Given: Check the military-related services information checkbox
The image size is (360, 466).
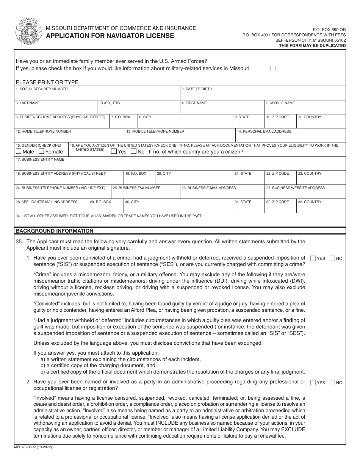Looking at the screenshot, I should click(272, 69).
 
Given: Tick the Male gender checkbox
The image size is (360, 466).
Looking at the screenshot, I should click(19, 152).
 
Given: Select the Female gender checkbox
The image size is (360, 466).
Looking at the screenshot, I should click(42, 152).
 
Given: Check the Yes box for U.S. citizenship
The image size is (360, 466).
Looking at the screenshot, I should click(114, 152).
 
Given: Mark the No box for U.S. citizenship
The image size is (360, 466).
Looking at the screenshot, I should click(133, 152).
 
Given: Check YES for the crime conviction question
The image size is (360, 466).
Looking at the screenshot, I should click(313, 258).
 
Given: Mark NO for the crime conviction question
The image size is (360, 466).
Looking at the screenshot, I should click(332, 258).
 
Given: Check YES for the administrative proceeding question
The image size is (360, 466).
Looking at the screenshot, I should click(313, 383).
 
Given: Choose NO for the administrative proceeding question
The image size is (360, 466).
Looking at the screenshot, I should click(332, 383).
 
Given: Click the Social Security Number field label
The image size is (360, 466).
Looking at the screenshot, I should click(42, 89).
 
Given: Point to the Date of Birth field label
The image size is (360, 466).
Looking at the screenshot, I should click(197, 89).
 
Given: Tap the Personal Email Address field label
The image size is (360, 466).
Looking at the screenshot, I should click(264, 131).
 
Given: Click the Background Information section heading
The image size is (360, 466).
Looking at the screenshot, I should click(54, 231).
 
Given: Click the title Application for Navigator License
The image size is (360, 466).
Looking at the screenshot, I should click(110, 36).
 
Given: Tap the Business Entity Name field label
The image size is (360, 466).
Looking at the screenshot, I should click(40, 160).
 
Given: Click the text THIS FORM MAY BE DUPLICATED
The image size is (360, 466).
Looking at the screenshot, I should click(312, 45).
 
